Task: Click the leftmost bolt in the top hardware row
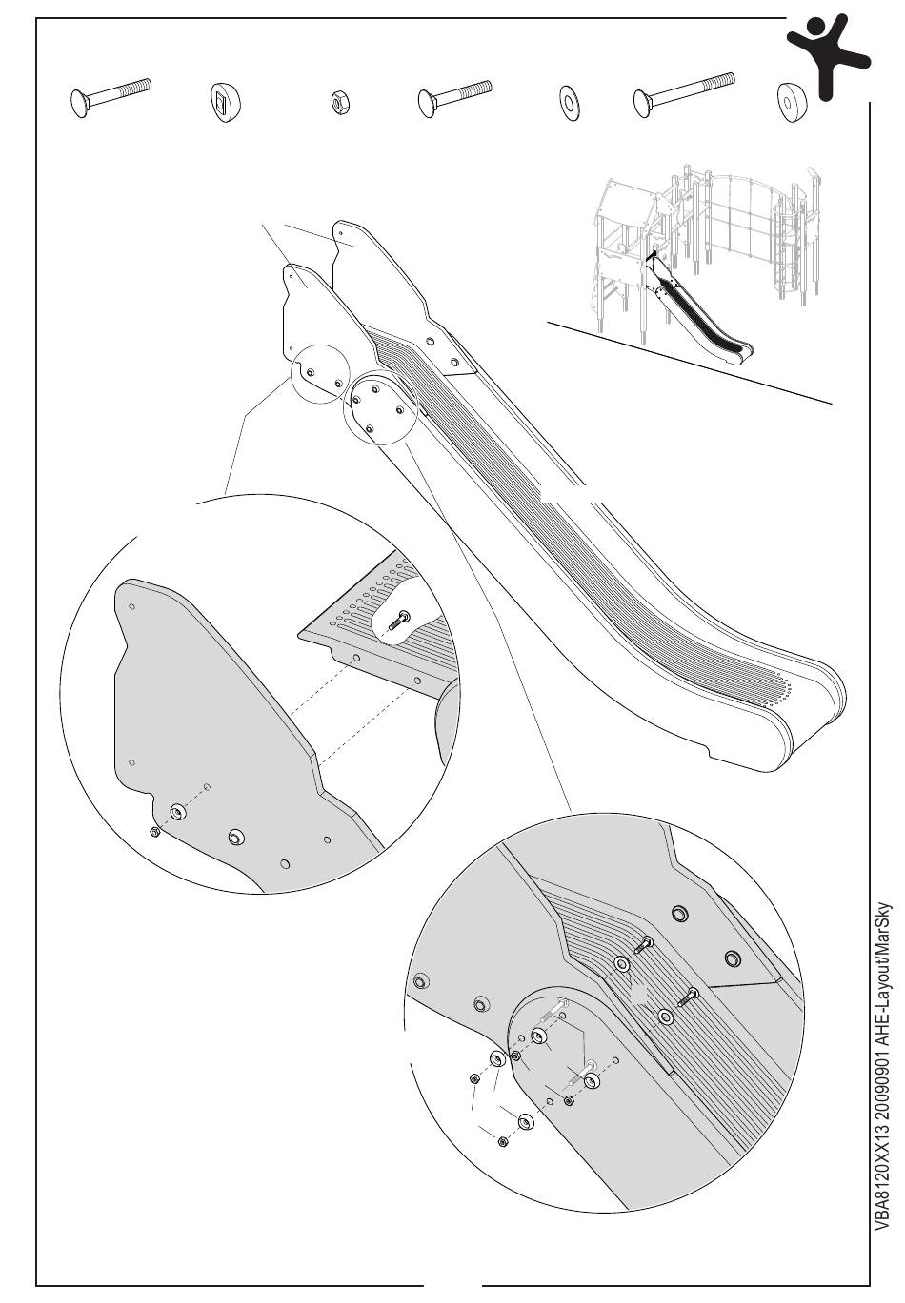tap(111, 96)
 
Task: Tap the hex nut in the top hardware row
tap(337, 102)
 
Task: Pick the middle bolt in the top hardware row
tap(454, 97)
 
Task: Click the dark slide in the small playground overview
tap(705, 319)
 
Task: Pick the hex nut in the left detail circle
tap(154, 833)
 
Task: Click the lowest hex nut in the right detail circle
tap(502, 1141)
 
